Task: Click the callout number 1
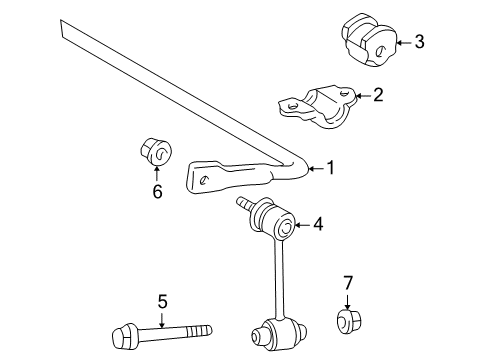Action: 331,169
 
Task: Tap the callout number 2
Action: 377,96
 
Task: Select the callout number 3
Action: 419,42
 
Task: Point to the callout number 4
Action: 318,226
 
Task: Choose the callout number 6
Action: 156,190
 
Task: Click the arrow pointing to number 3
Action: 400,42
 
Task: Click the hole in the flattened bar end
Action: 202,180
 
